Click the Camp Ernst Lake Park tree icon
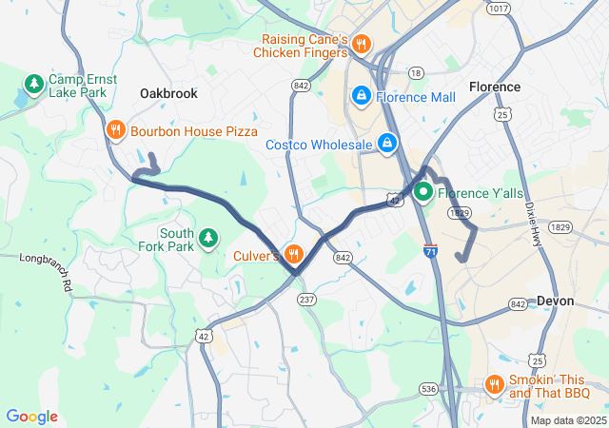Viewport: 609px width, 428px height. tap(34, 84)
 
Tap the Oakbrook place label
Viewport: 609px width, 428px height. tap(168, 93)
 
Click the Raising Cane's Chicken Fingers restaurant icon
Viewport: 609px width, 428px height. tap(361, 44)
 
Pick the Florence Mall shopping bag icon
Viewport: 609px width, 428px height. tap(362, 96)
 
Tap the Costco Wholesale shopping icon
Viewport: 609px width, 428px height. tap(387, 144)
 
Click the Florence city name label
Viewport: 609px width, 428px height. tap(495, 87)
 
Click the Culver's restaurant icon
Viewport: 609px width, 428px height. tap(293, 254)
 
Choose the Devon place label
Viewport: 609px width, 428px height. tap(555, 301)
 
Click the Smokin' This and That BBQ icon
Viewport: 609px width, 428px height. tap(494, 384)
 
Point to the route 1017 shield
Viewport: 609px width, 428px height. tap(499, 9)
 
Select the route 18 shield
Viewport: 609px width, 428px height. tap(416, 72)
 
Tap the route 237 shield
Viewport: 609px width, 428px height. tap(306, 299)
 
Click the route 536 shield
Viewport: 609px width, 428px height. tap(429, 388)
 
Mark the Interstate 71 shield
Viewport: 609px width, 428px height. tap(430, 250)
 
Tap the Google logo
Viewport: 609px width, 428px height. tap(31, 417)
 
